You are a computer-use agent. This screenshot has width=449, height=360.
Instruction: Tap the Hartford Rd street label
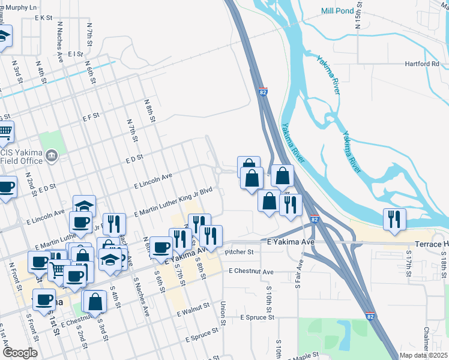[x=421, y=64]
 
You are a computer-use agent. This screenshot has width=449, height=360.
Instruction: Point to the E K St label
[x=44, y=18]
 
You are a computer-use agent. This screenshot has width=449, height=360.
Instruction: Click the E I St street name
[x=75, y=53]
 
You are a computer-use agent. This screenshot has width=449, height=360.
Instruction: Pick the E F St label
[x=91, y=117]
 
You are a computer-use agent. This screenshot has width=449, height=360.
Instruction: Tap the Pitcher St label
[x=236, y=253]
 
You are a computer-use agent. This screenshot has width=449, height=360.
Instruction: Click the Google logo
[x=20, y=353]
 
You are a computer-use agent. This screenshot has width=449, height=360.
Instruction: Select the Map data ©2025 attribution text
[x=424, y=355]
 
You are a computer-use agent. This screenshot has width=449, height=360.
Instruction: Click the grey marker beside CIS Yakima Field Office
[x=52, y=157]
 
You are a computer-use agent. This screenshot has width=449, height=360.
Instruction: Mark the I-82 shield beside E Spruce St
[x=370, y=314]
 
